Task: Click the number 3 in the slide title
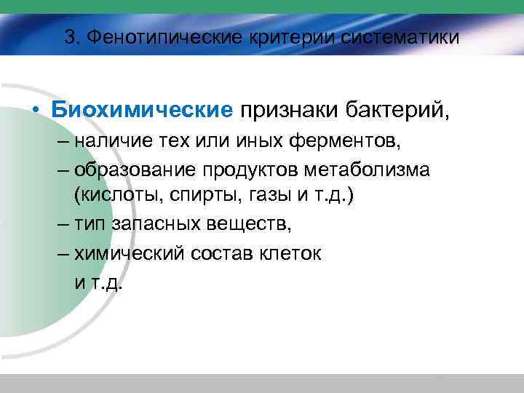69,37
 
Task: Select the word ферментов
336,141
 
